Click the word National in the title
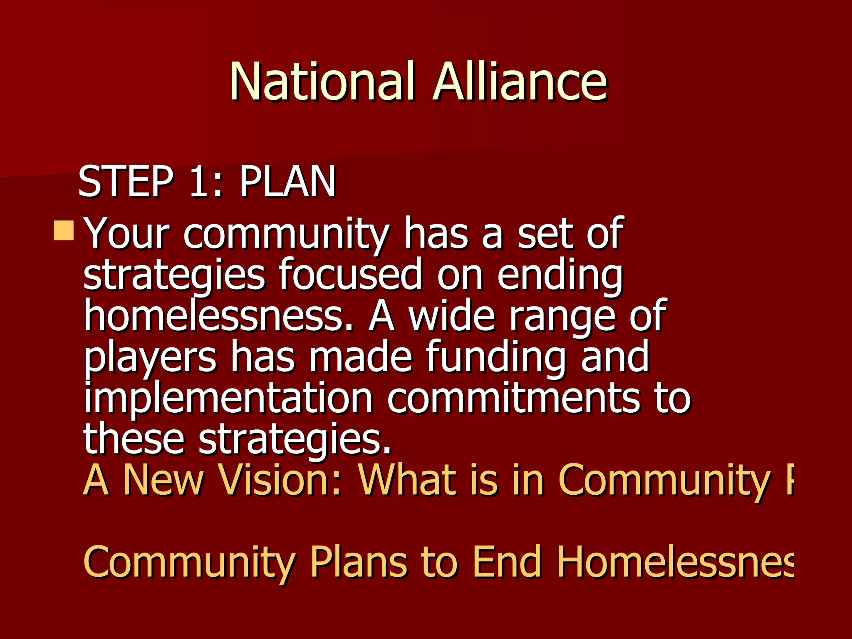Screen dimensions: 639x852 [x=322, y=81]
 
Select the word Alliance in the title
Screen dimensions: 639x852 [x=520, y=81]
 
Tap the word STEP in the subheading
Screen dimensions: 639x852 [x=125, y=181]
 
